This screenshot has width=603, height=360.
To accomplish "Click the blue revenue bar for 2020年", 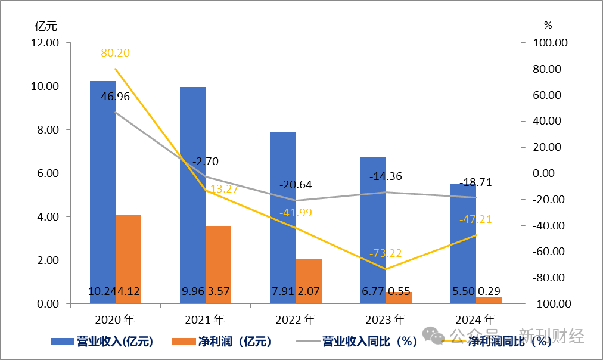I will click(102, 191).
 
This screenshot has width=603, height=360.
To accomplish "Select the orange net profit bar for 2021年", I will click(218, 262).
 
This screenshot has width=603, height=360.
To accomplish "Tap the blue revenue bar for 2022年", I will click(282, 215).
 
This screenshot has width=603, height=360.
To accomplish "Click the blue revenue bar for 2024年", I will click(462, 238).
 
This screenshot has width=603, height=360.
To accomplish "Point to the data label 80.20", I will click(115, 53).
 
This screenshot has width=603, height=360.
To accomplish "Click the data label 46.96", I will click(115, 97).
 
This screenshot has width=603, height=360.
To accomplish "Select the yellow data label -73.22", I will click(386, 253).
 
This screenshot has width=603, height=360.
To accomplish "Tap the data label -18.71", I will click(475, 182).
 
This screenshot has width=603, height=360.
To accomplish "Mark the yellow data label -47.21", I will click(475, 219).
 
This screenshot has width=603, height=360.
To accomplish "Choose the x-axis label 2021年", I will click(205, 319).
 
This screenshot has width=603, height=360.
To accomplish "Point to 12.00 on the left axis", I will click(45, 43).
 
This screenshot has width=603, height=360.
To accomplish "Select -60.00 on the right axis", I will click(551, 252).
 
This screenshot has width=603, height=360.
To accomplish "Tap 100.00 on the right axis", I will click(551, 43).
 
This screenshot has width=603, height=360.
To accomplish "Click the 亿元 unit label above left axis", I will click(46, 26).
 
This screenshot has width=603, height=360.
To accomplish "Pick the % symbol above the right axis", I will click(548, 26).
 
